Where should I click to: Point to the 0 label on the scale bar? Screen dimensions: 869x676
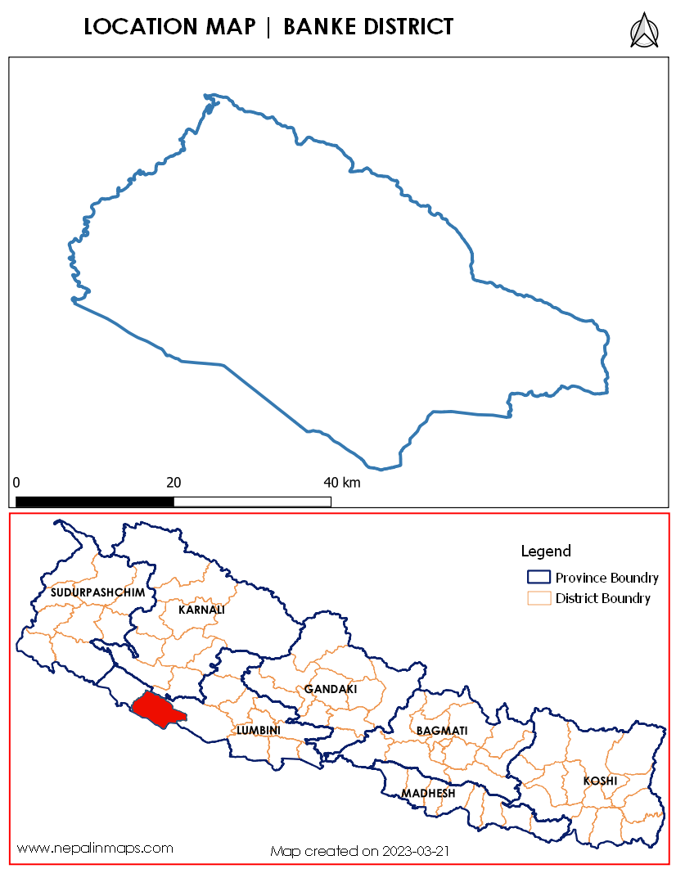click(16, 482)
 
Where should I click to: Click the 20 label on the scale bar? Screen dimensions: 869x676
click(174, 482)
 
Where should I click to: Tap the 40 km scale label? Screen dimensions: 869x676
click(341, 482)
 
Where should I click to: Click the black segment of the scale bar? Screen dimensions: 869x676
click(95, 501)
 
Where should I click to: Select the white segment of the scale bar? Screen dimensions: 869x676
click(252, 501)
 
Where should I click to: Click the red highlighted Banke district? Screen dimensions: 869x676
click(155, 709)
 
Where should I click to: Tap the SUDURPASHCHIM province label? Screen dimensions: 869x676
click(97, 592)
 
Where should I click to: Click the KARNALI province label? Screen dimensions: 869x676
click(201, 610)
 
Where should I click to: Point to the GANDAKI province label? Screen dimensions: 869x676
click(331, 689)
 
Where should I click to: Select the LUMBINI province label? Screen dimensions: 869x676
click(258, 729)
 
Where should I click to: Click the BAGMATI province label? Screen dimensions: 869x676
click(441, 729)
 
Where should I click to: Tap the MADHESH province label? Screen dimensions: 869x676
click(427, 794)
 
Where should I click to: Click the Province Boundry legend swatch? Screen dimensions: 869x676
click(539, 578)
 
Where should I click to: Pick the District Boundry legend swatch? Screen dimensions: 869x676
click(539, 598)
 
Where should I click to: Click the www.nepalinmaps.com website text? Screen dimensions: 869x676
click(95, 848)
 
